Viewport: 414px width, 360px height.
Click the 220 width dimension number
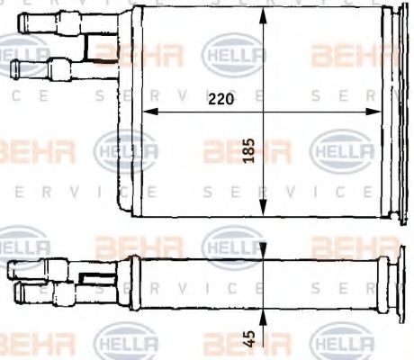[x=219, y=100]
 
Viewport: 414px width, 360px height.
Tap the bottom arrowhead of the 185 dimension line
[x=261, y=211]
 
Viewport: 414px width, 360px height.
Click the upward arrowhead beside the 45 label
[x=261, y=317]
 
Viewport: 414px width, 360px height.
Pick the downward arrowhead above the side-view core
[x=261, y=249]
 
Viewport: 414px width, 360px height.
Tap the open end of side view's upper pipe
[x=8, y=268]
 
